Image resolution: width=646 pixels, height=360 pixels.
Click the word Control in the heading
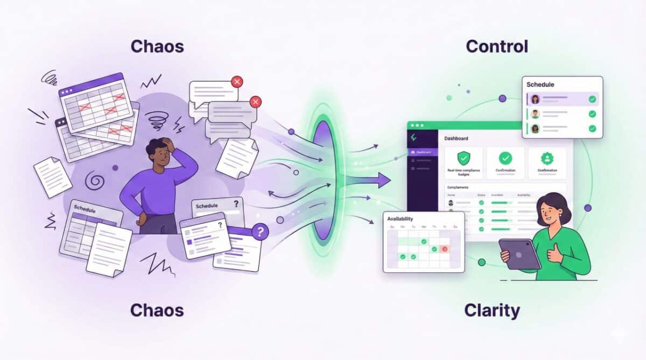pos(496,46)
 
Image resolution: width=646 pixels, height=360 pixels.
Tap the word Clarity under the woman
pos(493,310)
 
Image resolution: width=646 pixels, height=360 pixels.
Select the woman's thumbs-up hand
pos(554,252)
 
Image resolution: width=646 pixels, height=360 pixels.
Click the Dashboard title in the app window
pos(456,138)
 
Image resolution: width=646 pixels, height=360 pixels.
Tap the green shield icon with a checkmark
pos(464,158)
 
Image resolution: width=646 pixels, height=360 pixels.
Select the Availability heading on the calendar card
pos(401,218)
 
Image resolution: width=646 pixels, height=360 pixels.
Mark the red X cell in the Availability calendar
pos(445,249)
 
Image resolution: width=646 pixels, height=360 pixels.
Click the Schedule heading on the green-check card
pos(540,84)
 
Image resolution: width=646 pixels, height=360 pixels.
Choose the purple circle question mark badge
pos(261,232)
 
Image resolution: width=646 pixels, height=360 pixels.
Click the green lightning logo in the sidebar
pos(413,138)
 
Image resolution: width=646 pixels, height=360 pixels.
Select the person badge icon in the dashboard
pos(546,158)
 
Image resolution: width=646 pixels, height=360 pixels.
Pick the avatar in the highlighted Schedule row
pos(535,99)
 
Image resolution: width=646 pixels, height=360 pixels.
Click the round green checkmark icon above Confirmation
pos(505,158)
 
